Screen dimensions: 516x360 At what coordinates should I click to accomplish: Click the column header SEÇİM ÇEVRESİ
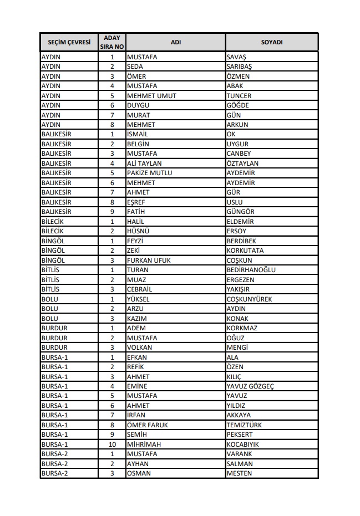(x=69, y=42)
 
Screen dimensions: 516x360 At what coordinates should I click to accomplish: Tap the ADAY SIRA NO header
(x=111, y=42)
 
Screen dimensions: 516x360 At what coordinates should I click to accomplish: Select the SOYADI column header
(x=272, y=42)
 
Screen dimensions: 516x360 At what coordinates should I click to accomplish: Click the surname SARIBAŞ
(x=240, y=67)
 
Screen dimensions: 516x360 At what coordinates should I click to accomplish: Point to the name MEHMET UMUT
(x=151, y=95)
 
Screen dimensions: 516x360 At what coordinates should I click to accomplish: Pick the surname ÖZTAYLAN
(x=242, y=163)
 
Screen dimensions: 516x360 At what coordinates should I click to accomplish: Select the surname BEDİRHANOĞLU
(x=251, y=270)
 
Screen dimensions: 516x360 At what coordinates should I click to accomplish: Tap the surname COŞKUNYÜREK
(x=249, y=299)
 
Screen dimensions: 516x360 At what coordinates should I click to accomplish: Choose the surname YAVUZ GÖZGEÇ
(x=250, y=386)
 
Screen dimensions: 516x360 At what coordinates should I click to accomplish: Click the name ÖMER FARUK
(x=147, y=425)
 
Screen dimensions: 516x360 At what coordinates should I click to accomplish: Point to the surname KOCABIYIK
(x=243, y=444)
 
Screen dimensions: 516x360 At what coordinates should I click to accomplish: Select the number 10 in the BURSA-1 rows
(x=111, y=444)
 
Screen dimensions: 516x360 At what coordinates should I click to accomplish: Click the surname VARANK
(x=239, y=454)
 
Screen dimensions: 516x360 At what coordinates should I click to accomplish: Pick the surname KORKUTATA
(x=245, y=251)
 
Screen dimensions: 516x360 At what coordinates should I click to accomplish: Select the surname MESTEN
(x=239, y=473)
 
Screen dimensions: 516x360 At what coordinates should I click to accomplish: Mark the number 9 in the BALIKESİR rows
(x=111, y=212)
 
